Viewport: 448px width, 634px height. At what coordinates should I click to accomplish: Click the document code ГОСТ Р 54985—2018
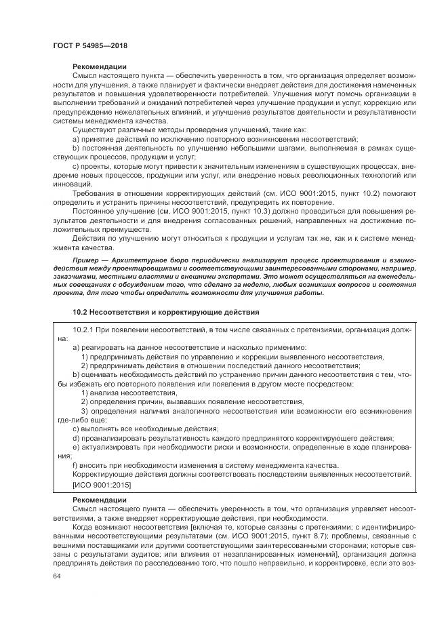click(x=90, y=46)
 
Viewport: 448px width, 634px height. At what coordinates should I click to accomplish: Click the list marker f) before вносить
click(x=75, y=465)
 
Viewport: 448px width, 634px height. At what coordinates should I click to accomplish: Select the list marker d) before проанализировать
click(x=76, y=438)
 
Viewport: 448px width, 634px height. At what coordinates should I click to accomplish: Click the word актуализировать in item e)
click(x=113, y=448)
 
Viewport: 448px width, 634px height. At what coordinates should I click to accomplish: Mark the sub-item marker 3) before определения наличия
click(x=85, y=411)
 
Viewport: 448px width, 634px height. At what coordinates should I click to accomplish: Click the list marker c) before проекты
click(x=76, y=165)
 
